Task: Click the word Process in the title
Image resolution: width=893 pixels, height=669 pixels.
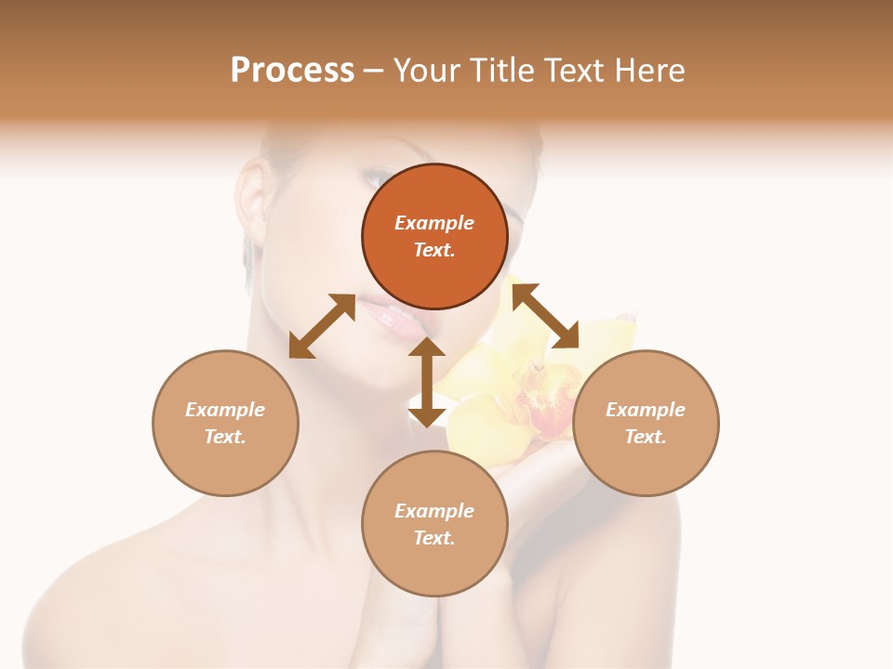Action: [x=292, y=71]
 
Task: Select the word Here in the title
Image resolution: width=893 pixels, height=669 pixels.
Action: [x=647, y=71]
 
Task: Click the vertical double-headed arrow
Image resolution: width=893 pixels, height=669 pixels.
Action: [x=427, y=382]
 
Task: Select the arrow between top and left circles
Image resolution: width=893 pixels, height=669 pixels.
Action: [x=322, y=326]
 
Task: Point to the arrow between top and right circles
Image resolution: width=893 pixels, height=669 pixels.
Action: [x=546, y=316]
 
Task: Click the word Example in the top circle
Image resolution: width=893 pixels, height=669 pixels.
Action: [x=434, y=223]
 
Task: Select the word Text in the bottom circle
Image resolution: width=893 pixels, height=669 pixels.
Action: [x=434, y=538]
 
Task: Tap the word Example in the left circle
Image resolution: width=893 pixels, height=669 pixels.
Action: [x=225, y=410]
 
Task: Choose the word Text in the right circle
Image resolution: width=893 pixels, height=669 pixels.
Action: [x=646, y=437]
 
